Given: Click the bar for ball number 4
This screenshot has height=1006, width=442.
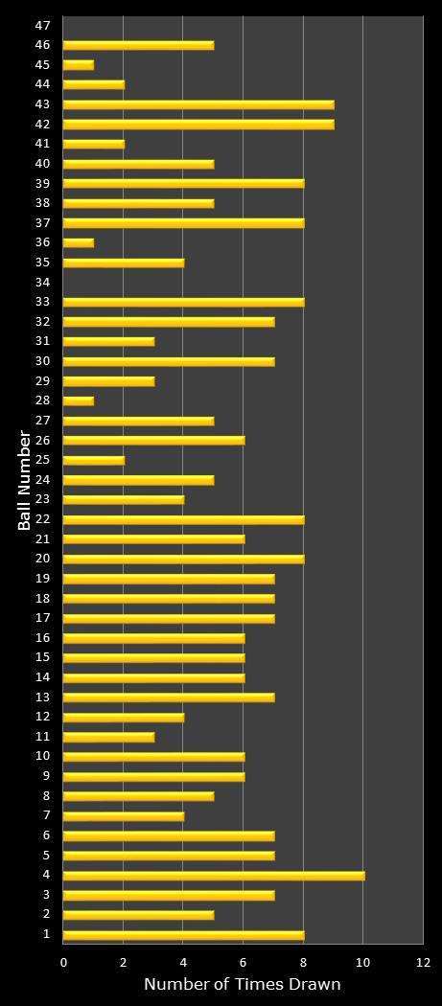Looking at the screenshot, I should pos(213,875).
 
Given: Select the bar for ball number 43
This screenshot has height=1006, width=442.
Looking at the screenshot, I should pos(198,104).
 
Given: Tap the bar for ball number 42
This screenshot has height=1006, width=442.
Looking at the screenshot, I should pos(198,124).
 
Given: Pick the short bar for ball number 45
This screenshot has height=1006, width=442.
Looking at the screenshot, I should pos(78,65).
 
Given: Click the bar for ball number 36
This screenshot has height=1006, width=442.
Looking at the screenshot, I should pos(78,242).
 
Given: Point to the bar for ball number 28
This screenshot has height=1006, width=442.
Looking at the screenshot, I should pos(78,400).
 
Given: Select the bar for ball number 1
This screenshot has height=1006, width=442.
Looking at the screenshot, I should pos(182,934).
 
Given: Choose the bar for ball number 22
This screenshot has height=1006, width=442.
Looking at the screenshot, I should pos(182,519).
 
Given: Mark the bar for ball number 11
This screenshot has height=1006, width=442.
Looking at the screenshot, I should pos(107,737).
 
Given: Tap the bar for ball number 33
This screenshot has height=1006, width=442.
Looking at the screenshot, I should pos(182,302).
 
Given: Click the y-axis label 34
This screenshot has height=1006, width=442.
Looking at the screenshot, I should pos(42,283).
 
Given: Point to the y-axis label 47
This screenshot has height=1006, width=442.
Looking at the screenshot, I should pos(42,26).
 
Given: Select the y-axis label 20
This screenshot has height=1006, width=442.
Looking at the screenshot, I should pos(42,559).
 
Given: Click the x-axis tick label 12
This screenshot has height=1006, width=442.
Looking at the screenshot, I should pos(423,962).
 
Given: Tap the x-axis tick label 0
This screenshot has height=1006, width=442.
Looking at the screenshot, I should pos(63,962).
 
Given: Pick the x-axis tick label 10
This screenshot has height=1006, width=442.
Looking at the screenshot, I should pos(362,962).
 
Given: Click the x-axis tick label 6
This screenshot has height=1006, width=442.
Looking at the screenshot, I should pos(243,962).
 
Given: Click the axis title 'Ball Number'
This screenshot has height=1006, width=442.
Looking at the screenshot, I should pos(23,480).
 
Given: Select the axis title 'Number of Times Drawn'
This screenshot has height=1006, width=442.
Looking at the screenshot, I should pos(243,985).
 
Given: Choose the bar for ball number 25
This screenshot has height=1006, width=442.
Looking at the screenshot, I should pos(93,460).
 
